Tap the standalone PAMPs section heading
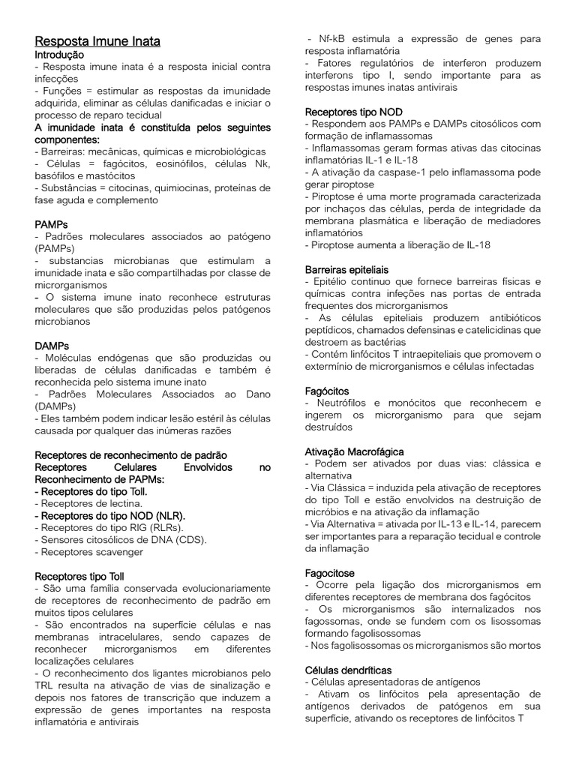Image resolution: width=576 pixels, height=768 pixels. pos(52,224)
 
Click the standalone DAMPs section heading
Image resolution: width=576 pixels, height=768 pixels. pos(52,346)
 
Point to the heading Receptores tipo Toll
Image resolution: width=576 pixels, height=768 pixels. pos(79,576)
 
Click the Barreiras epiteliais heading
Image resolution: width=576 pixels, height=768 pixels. pos(347,268)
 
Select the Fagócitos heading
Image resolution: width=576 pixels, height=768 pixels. pos(327,391)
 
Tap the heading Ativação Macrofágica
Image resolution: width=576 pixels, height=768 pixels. pos(355,451)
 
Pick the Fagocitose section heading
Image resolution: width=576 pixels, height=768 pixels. pos(331,572)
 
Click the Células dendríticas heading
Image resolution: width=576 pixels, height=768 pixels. pos(349,669)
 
